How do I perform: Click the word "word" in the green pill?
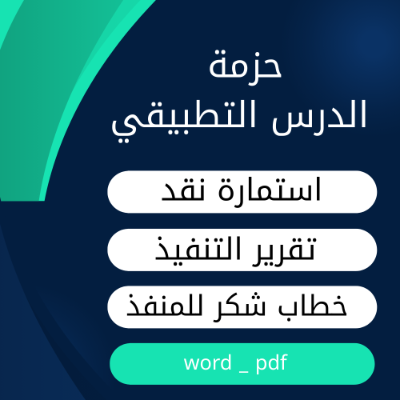coord(206,362)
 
